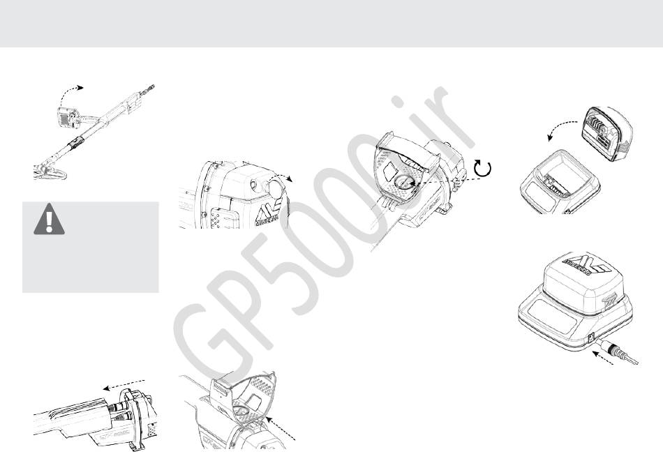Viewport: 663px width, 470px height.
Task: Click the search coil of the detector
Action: (49, 169)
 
